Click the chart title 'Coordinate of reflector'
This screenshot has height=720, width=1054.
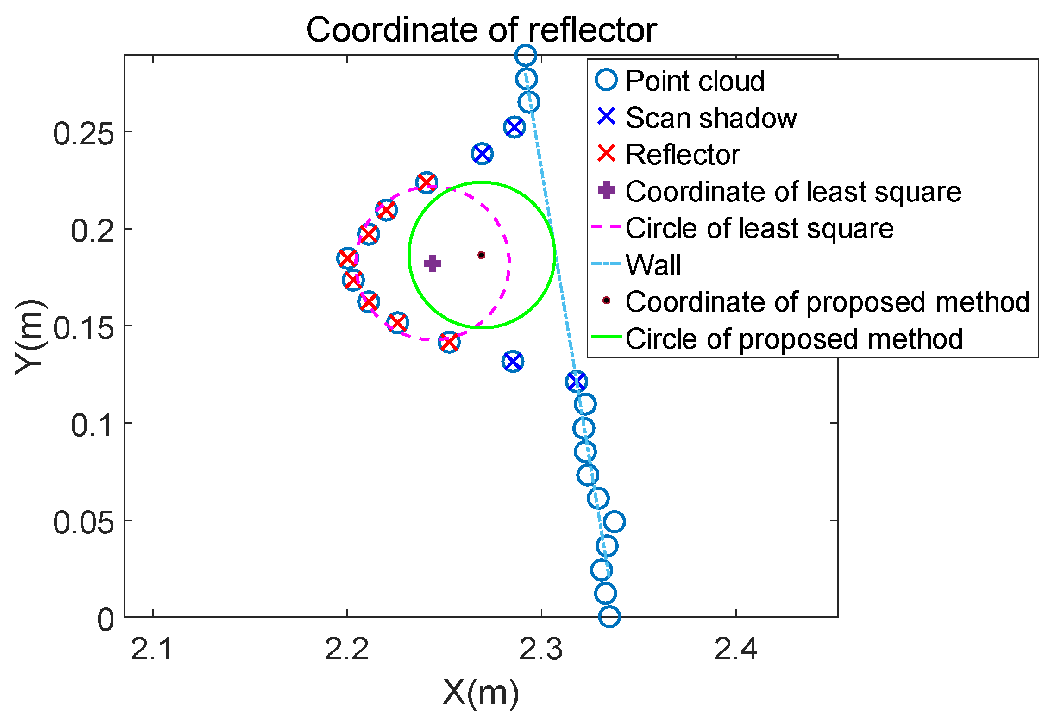tap(481, 30)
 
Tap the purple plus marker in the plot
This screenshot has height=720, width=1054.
tap(432, 263)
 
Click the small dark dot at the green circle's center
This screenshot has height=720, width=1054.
tap(482, 255)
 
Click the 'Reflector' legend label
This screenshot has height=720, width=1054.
tap(683, 155)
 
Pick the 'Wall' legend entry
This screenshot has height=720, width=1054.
tap(653, 265)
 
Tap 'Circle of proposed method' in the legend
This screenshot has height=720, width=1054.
tap(794, 339)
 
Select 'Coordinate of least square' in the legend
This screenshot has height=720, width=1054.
tap(793, 192)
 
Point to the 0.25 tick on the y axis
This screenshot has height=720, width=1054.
tap(83, 134)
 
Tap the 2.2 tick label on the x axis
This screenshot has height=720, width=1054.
tap(347, 649)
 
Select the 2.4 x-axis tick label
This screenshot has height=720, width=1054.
tap(735, 649)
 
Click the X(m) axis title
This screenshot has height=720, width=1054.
tap(481, 693)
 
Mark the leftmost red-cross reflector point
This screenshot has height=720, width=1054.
tap(347, 258)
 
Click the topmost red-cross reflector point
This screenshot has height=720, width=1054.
tap(427, 182)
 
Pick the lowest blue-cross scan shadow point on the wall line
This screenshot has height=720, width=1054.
tap(577, 382)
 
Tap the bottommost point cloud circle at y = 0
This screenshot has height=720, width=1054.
tap(609, 617)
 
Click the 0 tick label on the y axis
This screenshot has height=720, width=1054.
tap(106, 620)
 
